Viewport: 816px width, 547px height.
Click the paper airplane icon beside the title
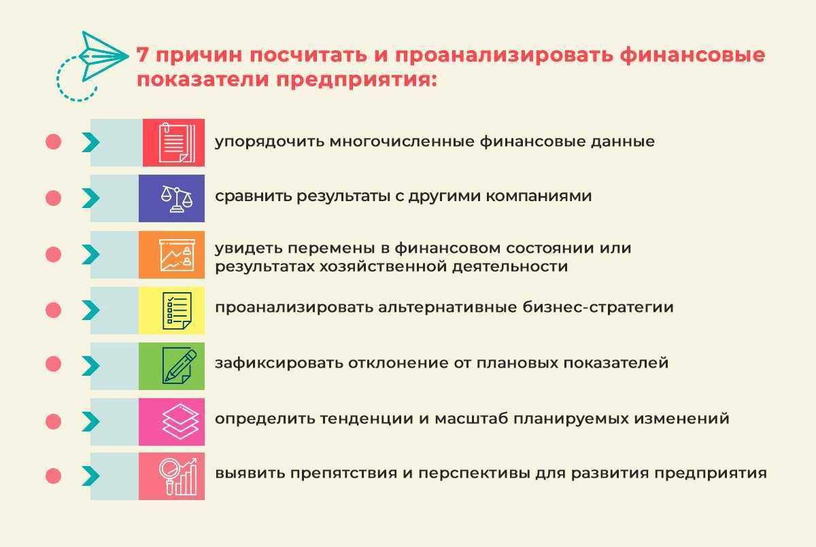point(104,57)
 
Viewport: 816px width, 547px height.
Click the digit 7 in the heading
point(142,55)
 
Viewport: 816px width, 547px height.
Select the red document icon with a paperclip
point(177,142)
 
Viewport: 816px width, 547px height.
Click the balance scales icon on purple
point(177,198)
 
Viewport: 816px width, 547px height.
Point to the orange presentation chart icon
point(177,255)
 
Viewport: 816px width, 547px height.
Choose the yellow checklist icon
point(177,311)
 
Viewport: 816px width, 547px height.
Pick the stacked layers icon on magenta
point(180,421)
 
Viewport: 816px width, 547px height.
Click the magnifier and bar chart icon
point(178,477)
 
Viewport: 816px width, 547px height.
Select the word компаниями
point(539,196)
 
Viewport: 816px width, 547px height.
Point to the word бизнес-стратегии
point(598,307)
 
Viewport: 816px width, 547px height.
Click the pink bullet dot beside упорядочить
point(53,142)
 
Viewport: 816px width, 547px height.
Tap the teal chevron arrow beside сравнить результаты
point(90,198)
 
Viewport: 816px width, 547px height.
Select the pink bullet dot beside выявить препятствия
point(53,476)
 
